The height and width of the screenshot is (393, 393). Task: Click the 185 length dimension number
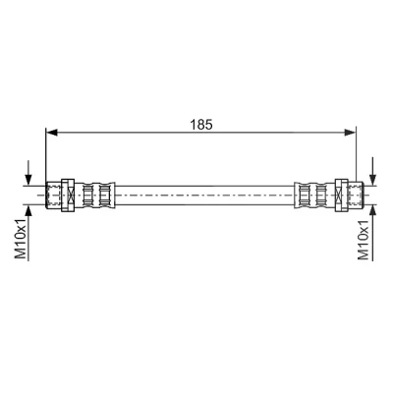point(201,124)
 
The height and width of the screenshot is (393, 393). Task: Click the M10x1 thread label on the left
point(21,238)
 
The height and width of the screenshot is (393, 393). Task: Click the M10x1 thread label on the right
point(364,240)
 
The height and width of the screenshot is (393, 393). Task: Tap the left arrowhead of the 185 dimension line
point(52,133)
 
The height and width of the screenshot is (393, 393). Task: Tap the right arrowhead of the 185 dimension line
point(350,132)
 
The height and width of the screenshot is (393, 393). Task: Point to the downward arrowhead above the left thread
point(28,179)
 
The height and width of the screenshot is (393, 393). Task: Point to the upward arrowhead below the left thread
point(28,211)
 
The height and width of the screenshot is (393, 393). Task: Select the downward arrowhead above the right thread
point(372,179)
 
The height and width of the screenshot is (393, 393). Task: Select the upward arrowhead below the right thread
point(372,211)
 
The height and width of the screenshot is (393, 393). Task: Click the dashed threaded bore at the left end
point(53,196)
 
